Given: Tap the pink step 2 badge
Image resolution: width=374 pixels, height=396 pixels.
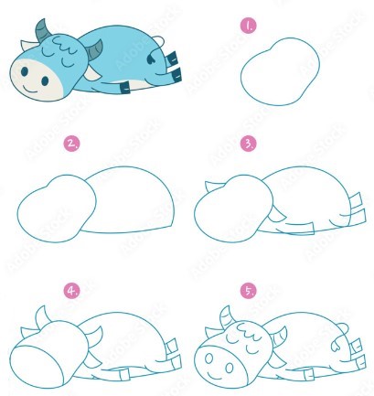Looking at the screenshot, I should (70, 144).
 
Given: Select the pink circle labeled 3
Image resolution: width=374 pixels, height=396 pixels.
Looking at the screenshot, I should (247, 144).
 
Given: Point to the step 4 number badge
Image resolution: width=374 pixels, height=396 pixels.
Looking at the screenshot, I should (70, 290).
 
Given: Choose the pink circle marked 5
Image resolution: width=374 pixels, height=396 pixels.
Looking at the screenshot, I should (247, 290).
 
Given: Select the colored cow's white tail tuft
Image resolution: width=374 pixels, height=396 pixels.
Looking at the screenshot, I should (156, 44).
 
